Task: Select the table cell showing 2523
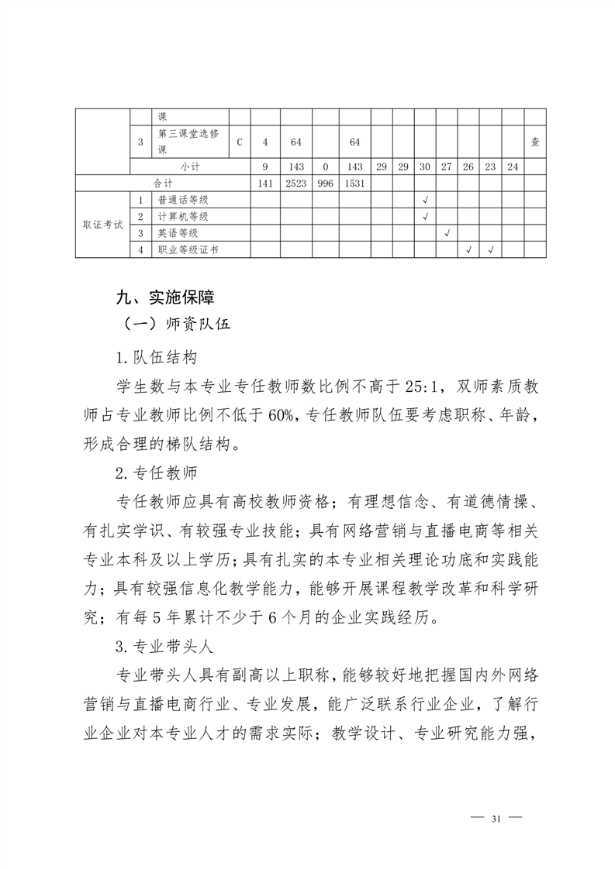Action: click(x=295, y=184)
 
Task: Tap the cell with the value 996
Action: click(x=326, y=184)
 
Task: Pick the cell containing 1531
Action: click(x=355, y=184)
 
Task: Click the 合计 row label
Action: click(x=163, y=184)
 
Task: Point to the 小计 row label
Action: click(x=190, y=167)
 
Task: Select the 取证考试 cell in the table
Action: click(x=102, y=225)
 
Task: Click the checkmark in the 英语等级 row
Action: click(x=447, y=233)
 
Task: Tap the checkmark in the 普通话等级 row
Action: click(x=425, y=200)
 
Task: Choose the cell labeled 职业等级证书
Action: click(x=188, y=249)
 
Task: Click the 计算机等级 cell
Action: click(x=183, y=216)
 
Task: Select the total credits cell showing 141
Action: click(x=264, y=184)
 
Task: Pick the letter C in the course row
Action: click(x=240, y=142)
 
